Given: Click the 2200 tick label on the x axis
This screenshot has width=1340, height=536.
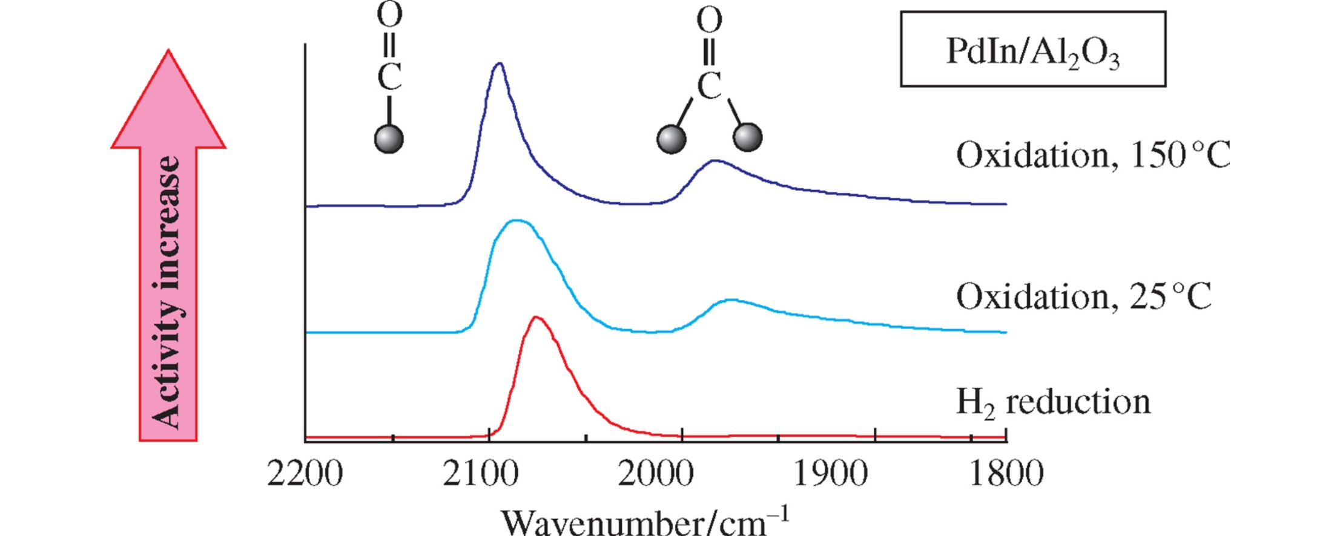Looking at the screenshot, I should tap(305, 474).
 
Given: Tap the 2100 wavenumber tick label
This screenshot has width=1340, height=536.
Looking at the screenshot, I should tap(480, 474).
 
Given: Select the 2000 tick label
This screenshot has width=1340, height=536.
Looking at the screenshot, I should tap(655, 474).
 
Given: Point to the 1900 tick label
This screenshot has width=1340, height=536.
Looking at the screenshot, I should tap(830, 474).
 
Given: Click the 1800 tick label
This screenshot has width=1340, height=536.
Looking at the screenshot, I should tap(1006, 474).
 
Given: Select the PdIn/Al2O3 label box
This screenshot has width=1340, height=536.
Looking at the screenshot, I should tap(1032, 50).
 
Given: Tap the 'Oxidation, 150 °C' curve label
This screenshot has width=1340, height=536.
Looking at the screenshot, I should tap(1093, 155).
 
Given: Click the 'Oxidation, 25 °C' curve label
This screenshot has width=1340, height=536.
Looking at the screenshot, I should tap(1084, 296).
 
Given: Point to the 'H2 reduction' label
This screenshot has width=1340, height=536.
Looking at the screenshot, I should tap(1053, 402).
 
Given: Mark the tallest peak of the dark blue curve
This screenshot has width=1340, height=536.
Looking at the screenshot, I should tap(500, 64).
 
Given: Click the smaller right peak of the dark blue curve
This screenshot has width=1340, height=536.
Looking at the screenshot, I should tap(715, 161).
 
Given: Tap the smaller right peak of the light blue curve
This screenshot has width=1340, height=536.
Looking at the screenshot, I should tap(731, 299).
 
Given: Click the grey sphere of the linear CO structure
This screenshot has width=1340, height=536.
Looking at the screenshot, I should tap(389, 139).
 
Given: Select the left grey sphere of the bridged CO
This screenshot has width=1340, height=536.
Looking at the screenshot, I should tap(672, 139).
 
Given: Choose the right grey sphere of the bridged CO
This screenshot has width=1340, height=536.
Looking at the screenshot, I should tap(747, 137).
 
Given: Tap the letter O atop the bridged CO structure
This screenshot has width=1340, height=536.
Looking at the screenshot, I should tap(709, 21).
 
